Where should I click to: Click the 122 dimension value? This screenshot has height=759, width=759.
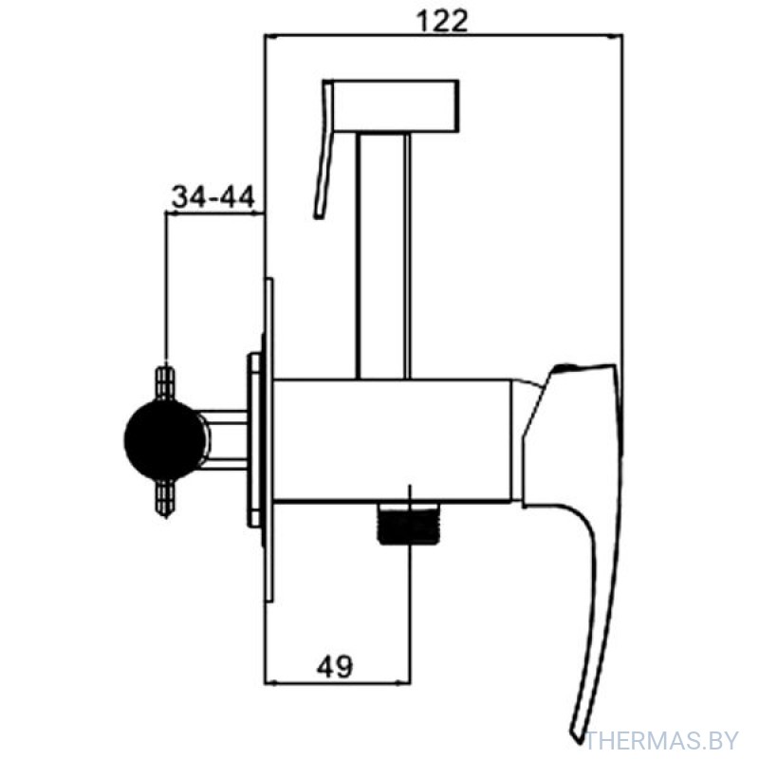point(442,21)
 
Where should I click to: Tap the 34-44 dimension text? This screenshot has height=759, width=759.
point(213,197)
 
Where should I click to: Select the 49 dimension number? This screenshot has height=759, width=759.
point(335,666)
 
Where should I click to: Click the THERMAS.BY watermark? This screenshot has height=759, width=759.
point(661,740)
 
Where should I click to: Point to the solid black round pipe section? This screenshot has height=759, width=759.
point(164,439)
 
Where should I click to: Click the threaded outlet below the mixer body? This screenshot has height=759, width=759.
point(408,524)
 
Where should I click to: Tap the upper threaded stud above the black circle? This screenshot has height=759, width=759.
point(166,383)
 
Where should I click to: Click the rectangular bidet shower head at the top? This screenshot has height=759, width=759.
point(396,105)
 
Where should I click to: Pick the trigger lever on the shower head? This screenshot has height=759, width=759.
point(324,150)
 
